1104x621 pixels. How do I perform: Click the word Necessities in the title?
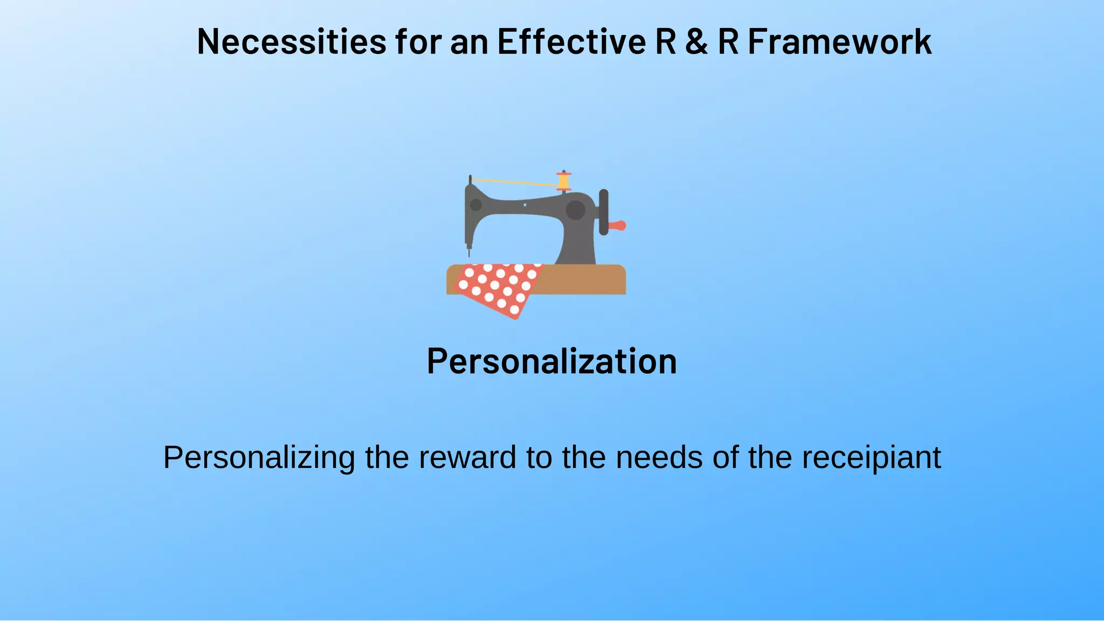point(292,42)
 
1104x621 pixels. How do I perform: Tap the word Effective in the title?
point(571,42)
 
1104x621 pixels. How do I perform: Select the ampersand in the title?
point(696,42)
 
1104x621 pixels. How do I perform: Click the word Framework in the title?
point(839,42)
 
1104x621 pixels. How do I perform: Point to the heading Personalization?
point(551,361)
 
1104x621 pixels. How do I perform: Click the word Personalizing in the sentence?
point(259,458)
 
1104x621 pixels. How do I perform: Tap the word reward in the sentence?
point(467,457)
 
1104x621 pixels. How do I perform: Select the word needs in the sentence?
point(659,457)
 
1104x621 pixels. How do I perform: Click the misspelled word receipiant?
point(871,458)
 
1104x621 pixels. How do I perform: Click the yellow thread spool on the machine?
point(564,181)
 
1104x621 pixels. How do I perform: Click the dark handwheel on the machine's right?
point(604,212)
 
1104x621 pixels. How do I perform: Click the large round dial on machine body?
point(575,210)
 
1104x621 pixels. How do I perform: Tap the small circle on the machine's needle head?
point(476,205)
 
